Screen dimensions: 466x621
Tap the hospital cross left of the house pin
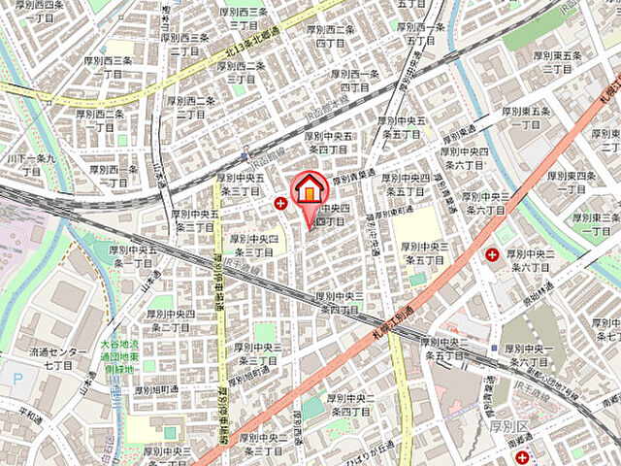pyautogui.click(x=280, y=203)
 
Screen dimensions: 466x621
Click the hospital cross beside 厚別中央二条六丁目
pyautogui.click(x=492, y=255)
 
